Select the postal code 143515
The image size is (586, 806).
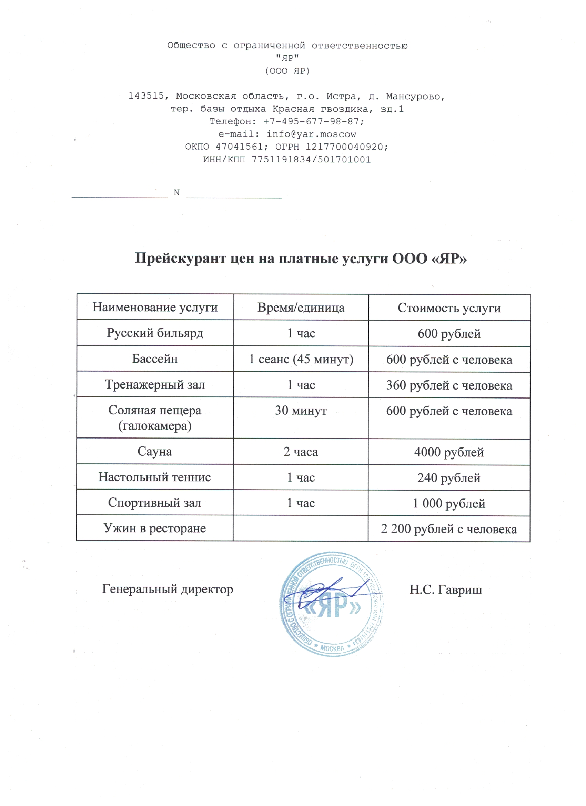(146, 96)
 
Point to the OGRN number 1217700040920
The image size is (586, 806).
(344, 147)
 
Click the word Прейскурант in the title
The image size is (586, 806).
(180, 258)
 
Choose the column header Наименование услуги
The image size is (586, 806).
(155, 307)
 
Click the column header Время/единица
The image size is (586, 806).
(301, 308)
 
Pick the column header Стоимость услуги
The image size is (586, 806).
(449, 308)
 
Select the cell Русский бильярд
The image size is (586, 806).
(155, 333)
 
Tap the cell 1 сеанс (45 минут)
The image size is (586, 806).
(301, 359)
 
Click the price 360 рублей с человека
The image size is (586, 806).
(449, 385)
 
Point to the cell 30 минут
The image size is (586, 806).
(301, 411)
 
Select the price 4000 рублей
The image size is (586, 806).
(449, 452)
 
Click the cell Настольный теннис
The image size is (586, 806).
(154, 477)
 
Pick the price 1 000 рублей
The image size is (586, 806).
(449, 503)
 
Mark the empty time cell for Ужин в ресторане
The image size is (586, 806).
(301, 528)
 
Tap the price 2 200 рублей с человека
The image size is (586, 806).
(449, 529)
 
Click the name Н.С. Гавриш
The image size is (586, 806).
(446, 590)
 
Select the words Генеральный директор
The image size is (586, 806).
(168, 589)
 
